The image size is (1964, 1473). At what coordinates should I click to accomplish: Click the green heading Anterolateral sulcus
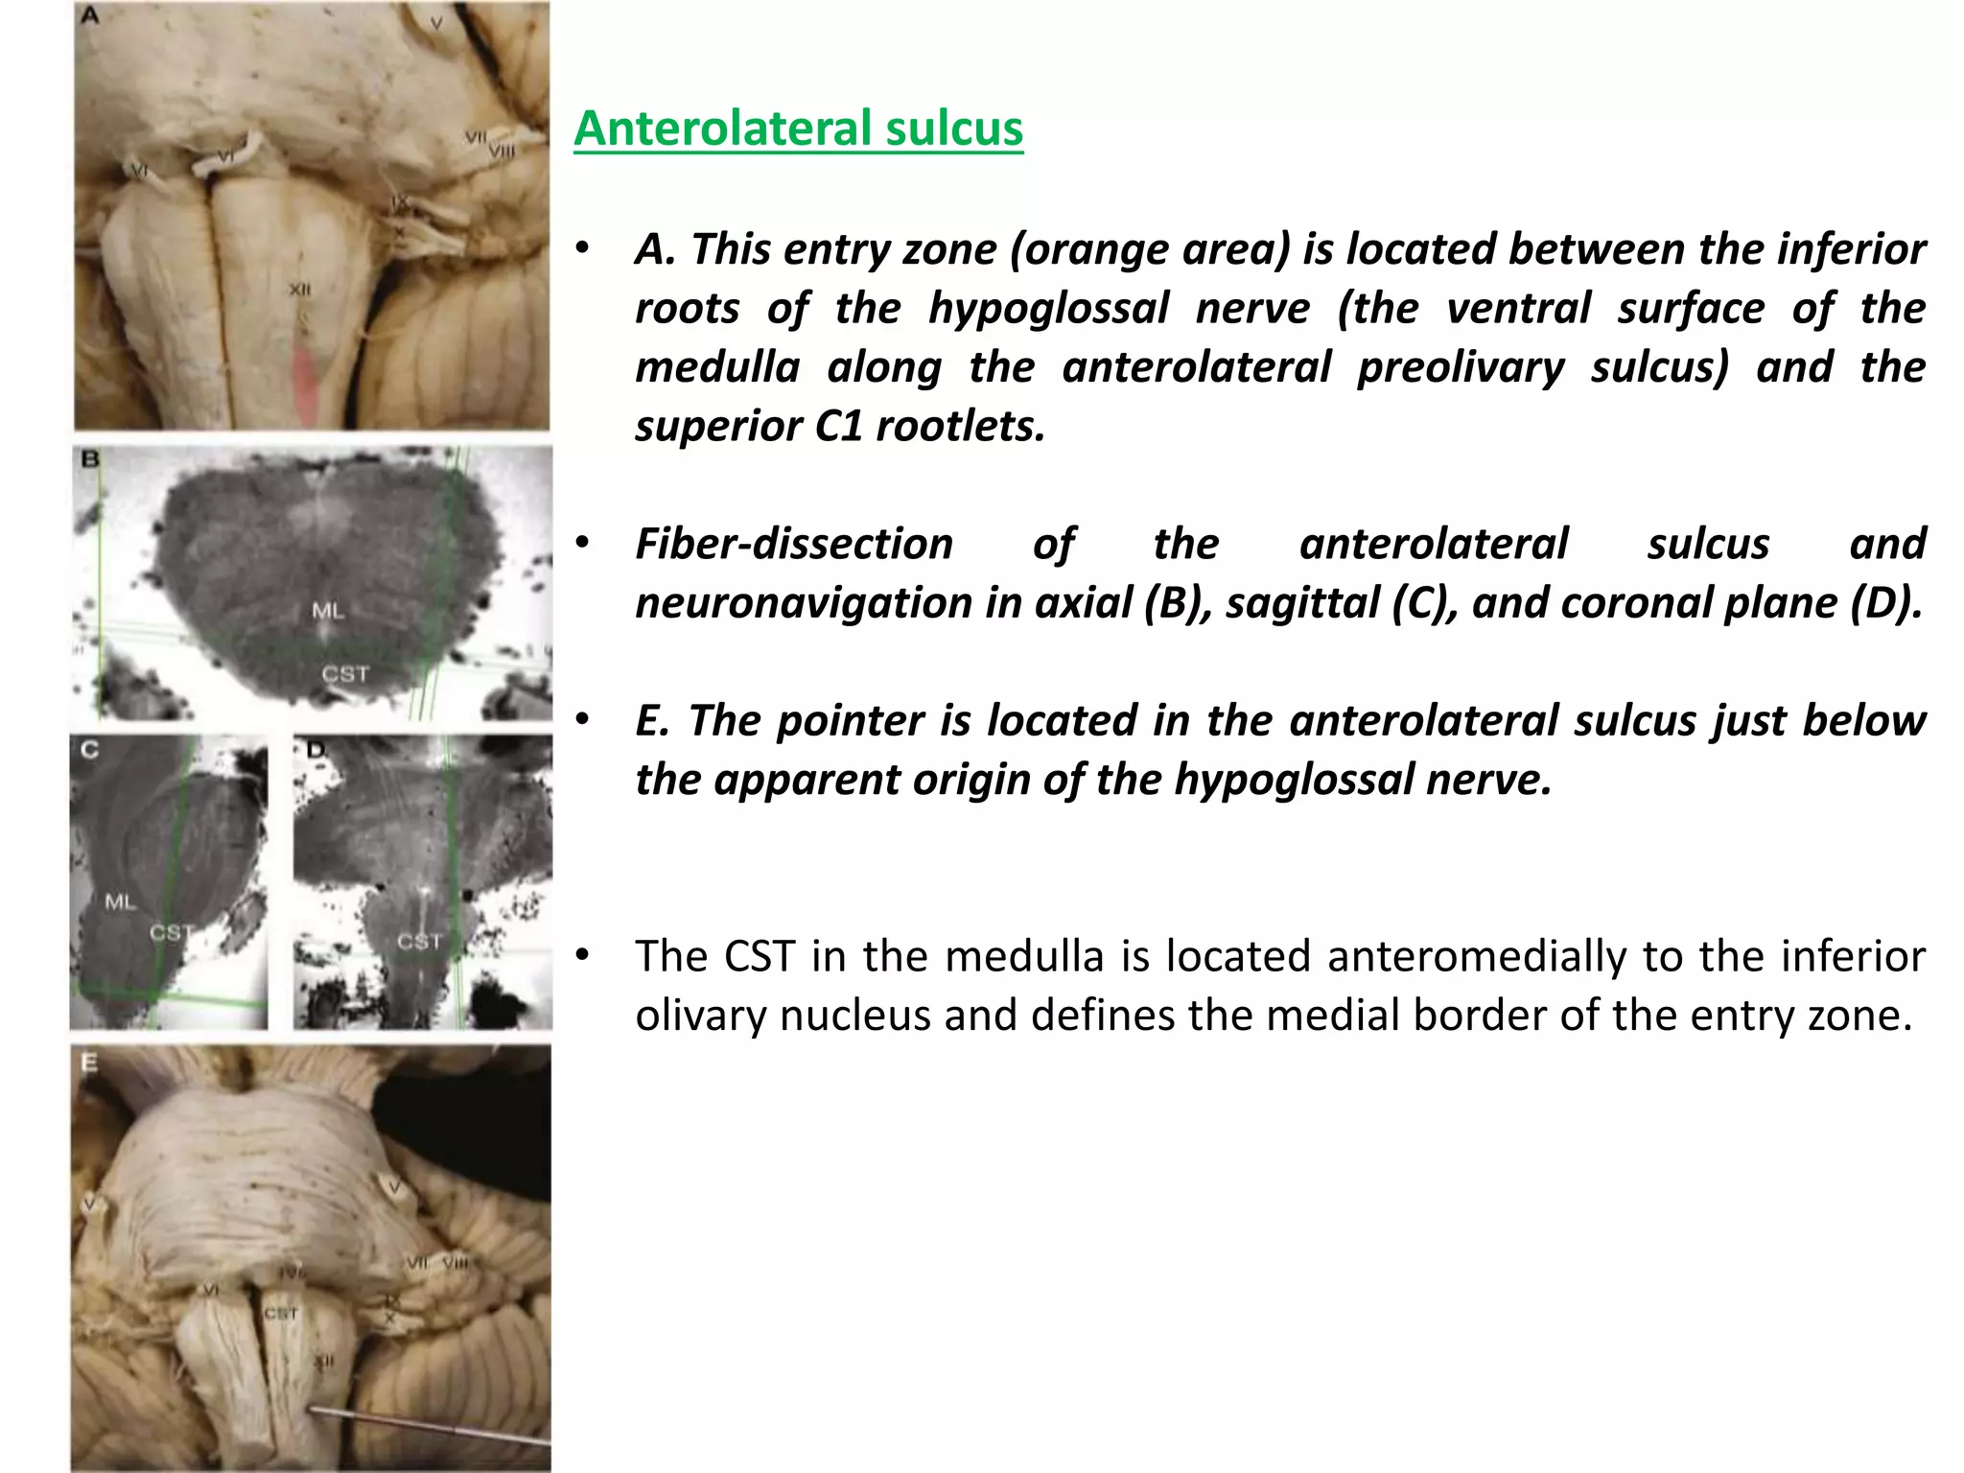coord(798,129)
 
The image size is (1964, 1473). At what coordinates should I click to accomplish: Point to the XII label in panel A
coord(300,290)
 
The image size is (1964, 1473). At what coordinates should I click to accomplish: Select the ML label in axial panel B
coord(328,610)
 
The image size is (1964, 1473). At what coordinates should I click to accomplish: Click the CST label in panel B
coord(345,674)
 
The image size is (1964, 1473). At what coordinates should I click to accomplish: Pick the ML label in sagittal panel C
coord(120,901)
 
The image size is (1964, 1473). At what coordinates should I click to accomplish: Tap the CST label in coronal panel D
coord(419,942)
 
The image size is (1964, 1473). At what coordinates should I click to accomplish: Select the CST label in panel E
coord(281,1313)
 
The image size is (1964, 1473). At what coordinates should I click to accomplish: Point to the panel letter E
coord(89,1062)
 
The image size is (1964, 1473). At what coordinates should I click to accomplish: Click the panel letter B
coord(90,459)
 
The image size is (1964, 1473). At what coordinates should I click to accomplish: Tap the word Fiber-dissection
coord(794,544)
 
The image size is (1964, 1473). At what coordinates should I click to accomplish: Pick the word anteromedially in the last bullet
coord(1477,956)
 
